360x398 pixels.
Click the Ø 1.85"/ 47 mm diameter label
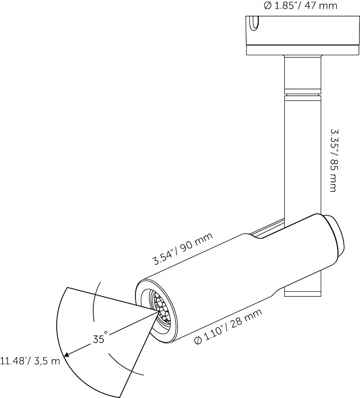300,6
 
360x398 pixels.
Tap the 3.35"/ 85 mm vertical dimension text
333,160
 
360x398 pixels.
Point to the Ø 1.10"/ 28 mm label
228,327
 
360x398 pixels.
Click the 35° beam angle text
100,338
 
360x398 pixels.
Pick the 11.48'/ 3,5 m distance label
30,361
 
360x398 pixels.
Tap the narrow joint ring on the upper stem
303,95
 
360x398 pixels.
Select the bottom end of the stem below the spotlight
303,293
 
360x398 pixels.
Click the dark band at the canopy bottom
302,50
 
